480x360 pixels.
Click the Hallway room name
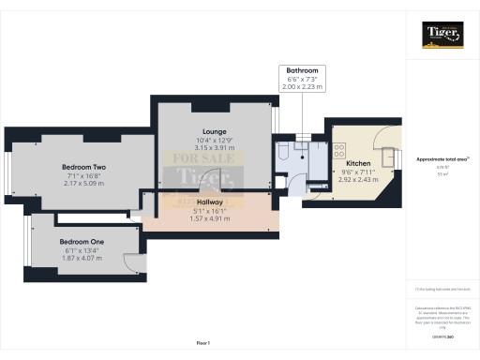click(x=210, y=202)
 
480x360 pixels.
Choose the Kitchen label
click(x=358, y=162)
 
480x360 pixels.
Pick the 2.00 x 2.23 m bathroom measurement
click(x=301, y=86)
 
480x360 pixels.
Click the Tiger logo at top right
click(x=442, y=36)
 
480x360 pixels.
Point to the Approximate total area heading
click(x=442, y=159)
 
